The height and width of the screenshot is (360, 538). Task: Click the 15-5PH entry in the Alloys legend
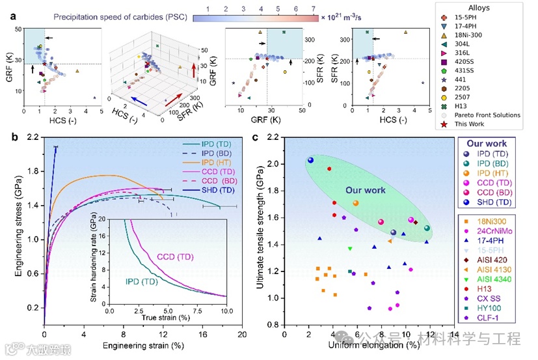pyautogui.click(x=497, y=22)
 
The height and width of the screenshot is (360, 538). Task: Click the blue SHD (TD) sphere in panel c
pyautogui.click(x=310, y=160)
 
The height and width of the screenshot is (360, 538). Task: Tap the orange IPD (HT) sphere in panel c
pyautogui.click(x=356, y=203)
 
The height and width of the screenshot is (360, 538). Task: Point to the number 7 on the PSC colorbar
pyautogui.click(x=314, y=8)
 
